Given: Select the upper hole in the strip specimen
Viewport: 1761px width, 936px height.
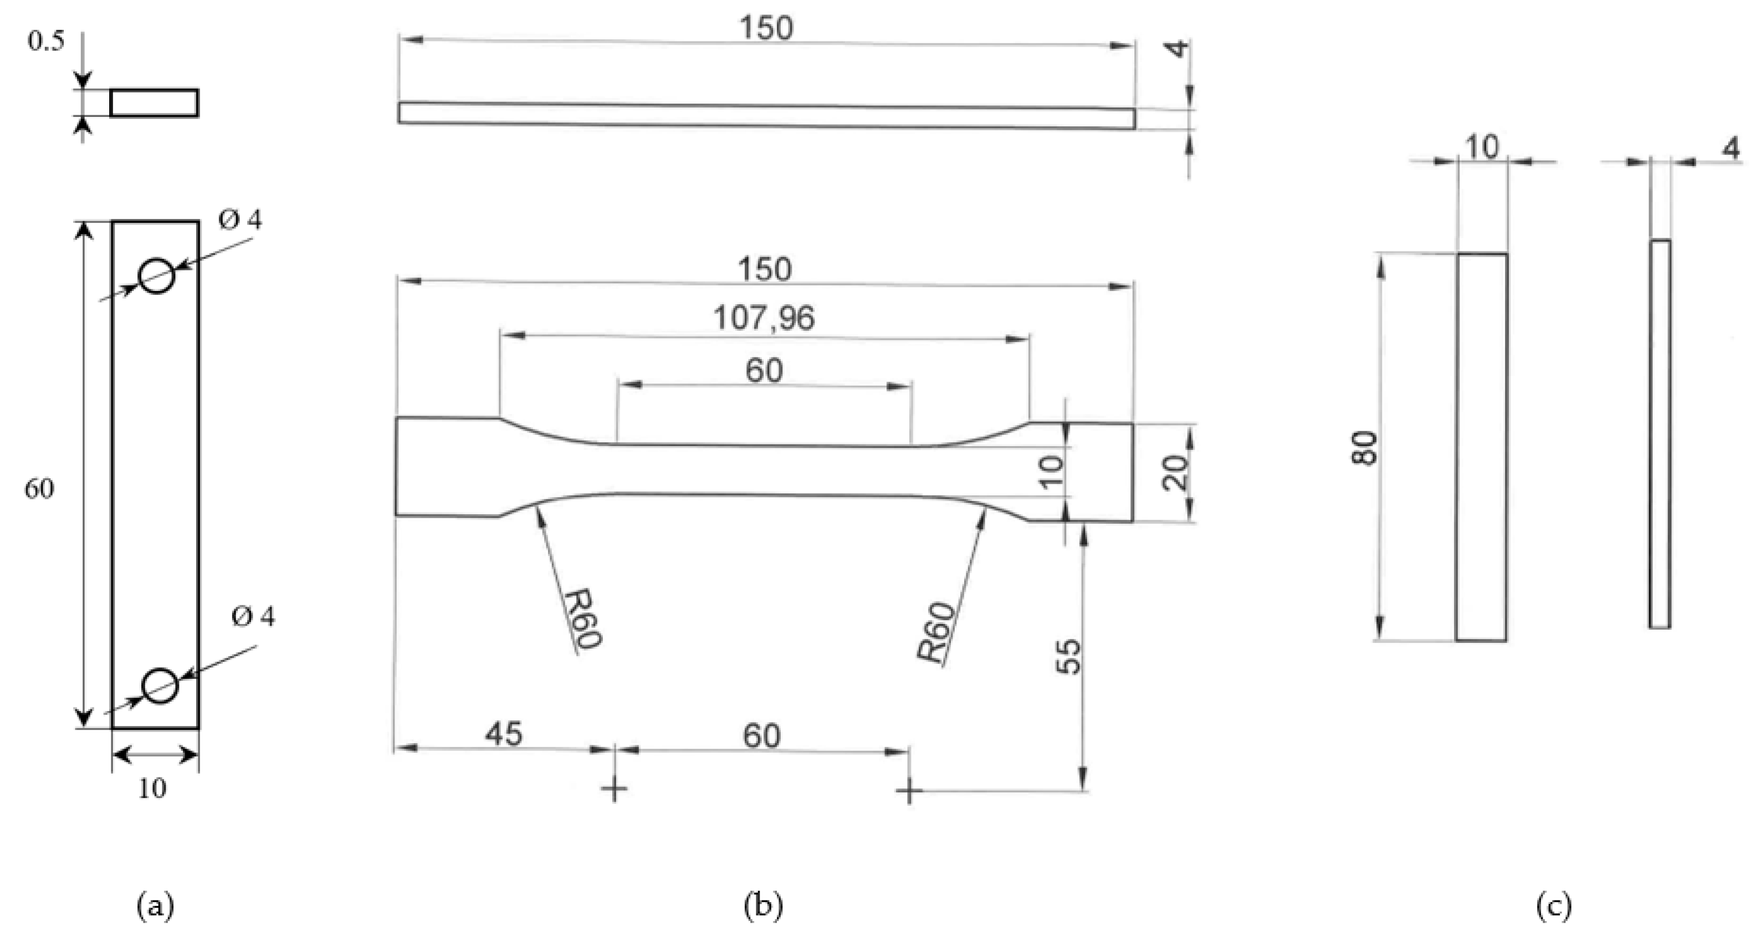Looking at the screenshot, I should click(x=157, y=275).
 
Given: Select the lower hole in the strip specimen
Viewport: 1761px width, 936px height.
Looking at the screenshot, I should click(x=160, y=685).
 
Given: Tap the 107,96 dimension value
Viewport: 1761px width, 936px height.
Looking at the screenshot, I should click(x=764, y=319).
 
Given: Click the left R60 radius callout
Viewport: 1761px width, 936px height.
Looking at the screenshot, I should click(x=582, y=619).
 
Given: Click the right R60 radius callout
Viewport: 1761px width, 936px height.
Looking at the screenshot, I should click(x=936, y=632).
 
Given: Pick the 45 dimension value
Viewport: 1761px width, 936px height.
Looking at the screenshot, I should click(x=504, y=734).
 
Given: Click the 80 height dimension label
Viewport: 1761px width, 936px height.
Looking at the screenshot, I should click(x=1364, y=448).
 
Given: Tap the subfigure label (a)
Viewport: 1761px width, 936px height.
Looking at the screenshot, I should click(x=156, y=907).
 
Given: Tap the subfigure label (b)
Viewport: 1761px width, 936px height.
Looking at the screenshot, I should click(x=763, y=907).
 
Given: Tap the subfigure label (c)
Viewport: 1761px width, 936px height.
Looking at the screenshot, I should click(x=1553, y=907).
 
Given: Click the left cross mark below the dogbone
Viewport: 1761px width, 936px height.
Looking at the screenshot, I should click(x=614, y=790).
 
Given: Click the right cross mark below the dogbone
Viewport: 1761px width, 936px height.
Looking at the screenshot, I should click(x=909, y=792).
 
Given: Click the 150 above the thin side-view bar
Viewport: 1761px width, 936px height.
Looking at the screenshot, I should click(x=766, y=28).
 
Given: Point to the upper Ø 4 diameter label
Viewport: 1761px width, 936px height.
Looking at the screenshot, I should click(x=240, y=220).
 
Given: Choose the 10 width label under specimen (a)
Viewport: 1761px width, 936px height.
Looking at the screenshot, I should click(x=152, y=789).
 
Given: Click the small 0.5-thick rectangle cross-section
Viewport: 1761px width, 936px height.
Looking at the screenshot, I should click(x=155, y=103).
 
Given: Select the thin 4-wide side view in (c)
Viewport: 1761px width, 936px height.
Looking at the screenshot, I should click(x=1660, y=433).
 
